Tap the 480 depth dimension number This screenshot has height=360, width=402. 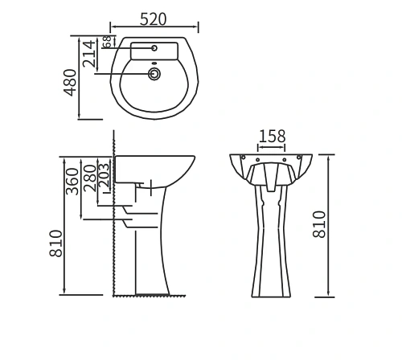click(71, 82)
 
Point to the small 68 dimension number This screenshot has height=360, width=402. click(105, 43)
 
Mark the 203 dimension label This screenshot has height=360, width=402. click(103, 176)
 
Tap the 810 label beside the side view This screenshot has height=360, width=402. click(55, 243)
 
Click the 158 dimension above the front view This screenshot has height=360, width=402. click(273, 136)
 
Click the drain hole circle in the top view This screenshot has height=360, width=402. click(154, 74)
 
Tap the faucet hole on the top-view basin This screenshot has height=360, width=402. click(154, 48)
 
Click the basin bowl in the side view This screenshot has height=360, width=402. click(157, 168)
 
